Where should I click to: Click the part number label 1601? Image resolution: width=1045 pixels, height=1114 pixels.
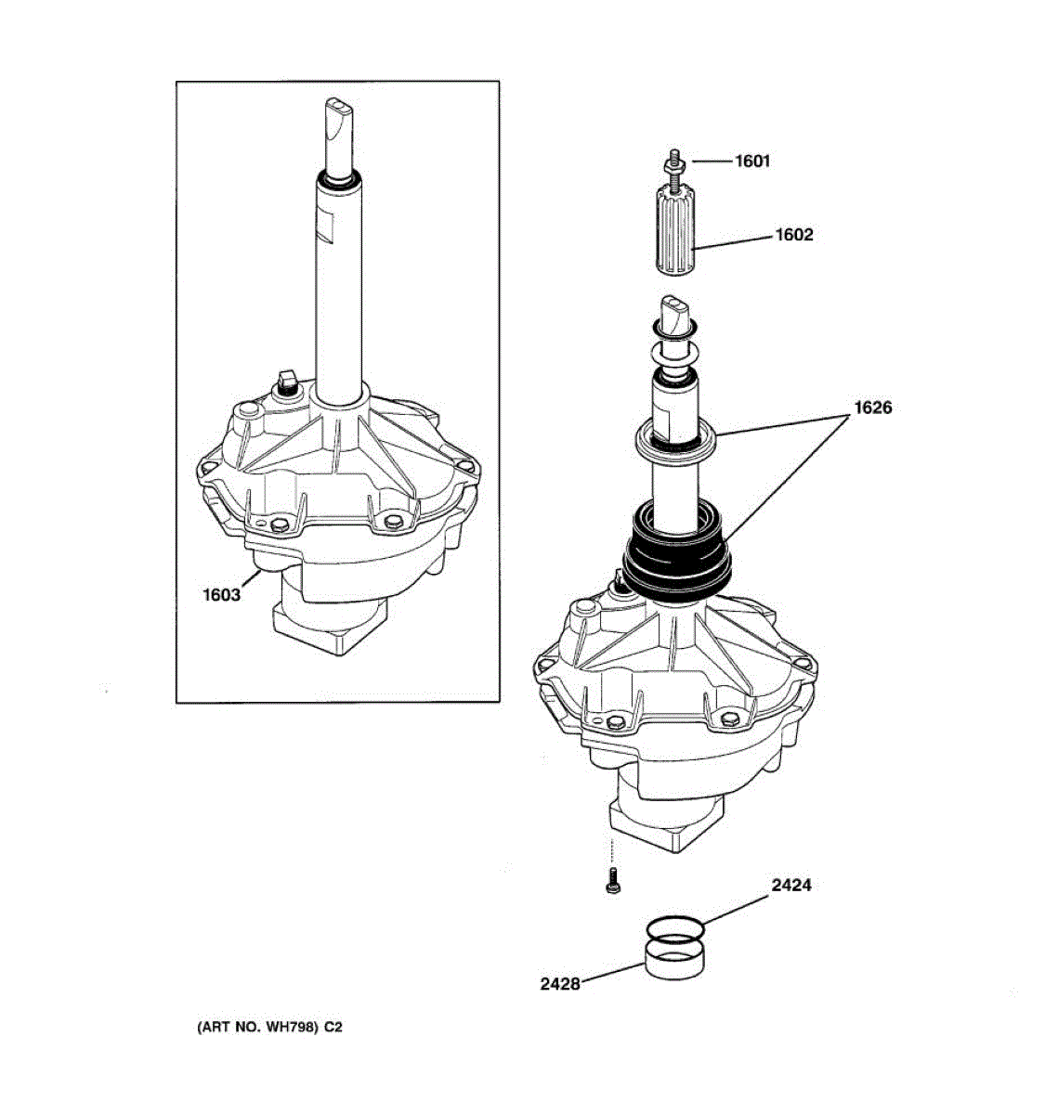click(x=752, y=161)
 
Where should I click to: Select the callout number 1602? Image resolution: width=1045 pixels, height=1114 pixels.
click(x=794, y=235)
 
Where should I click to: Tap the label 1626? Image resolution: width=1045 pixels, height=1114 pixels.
click(x=873, y=408)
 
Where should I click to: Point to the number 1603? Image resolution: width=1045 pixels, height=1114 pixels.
click(x=221, y=594)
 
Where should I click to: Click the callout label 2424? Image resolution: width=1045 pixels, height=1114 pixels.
click(x=790, y=886)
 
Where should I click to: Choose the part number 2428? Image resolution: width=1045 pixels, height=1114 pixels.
click(x=559, y=984)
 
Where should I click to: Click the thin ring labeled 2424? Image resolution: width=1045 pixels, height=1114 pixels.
click(x=674, y=926)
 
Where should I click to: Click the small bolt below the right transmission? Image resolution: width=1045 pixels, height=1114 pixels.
click(x=611, y=882)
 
